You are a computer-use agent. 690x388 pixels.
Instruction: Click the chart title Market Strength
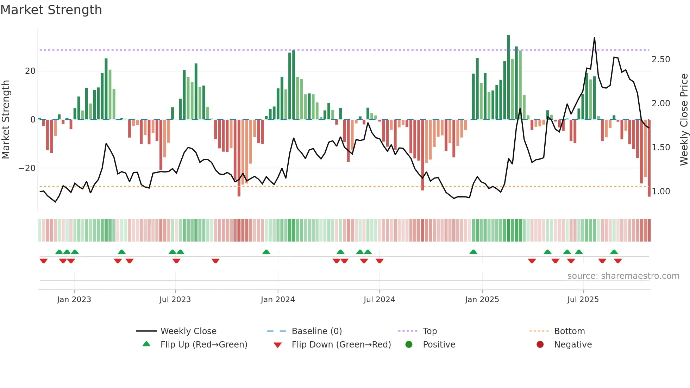(51, 10)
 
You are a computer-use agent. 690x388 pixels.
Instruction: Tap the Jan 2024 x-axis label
(277, 300)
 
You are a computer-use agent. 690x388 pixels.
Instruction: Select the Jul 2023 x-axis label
(175, 300)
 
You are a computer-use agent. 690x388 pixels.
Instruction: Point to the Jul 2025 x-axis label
(583, 300)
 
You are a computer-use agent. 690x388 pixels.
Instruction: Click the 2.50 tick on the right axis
(661, 60)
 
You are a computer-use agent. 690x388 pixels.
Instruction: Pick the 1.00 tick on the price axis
(661, 192)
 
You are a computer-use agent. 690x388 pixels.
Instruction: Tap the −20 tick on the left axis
(27, 168)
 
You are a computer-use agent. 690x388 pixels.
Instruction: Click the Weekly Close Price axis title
(684, 119)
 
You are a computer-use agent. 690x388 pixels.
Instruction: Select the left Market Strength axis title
(6, 119)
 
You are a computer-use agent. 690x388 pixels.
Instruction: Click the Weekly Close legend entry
(188, 331)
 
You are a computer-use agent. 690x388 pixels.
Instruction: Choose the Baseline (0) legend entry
(316, 331)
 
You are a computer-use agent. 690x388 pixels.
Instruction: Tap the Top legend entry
(429, 331)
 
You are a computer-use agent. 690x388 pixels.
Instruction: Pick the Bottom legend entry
(569, 331)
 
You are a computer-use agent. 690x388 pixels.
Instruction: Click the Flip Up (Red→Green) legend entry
(203, 345)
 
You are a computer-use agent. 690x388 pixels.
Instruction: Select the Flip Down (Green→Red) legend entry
(341, 345)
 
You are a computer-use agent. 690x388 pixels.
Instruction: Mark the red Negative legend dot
(540, 345)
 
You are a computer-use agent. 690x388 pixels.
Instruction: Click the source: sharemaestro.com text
(623, 276)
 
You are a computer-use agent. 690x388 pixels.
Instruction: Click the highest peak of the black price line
(594, 38)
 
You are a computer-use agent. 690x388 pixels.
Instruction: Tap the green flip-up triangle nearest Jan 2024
(266, 252)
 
